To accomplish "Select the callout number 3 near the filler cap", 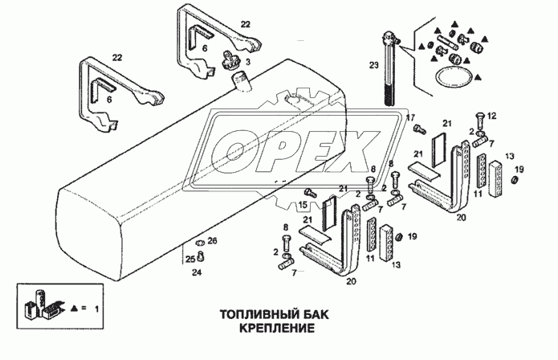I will tap(248, 62).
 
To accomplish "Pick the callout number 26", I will tap(212, 240).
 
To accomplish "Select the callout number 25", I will tap(190, 258).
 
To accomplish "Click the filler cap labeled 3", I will tap(234, 57).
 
